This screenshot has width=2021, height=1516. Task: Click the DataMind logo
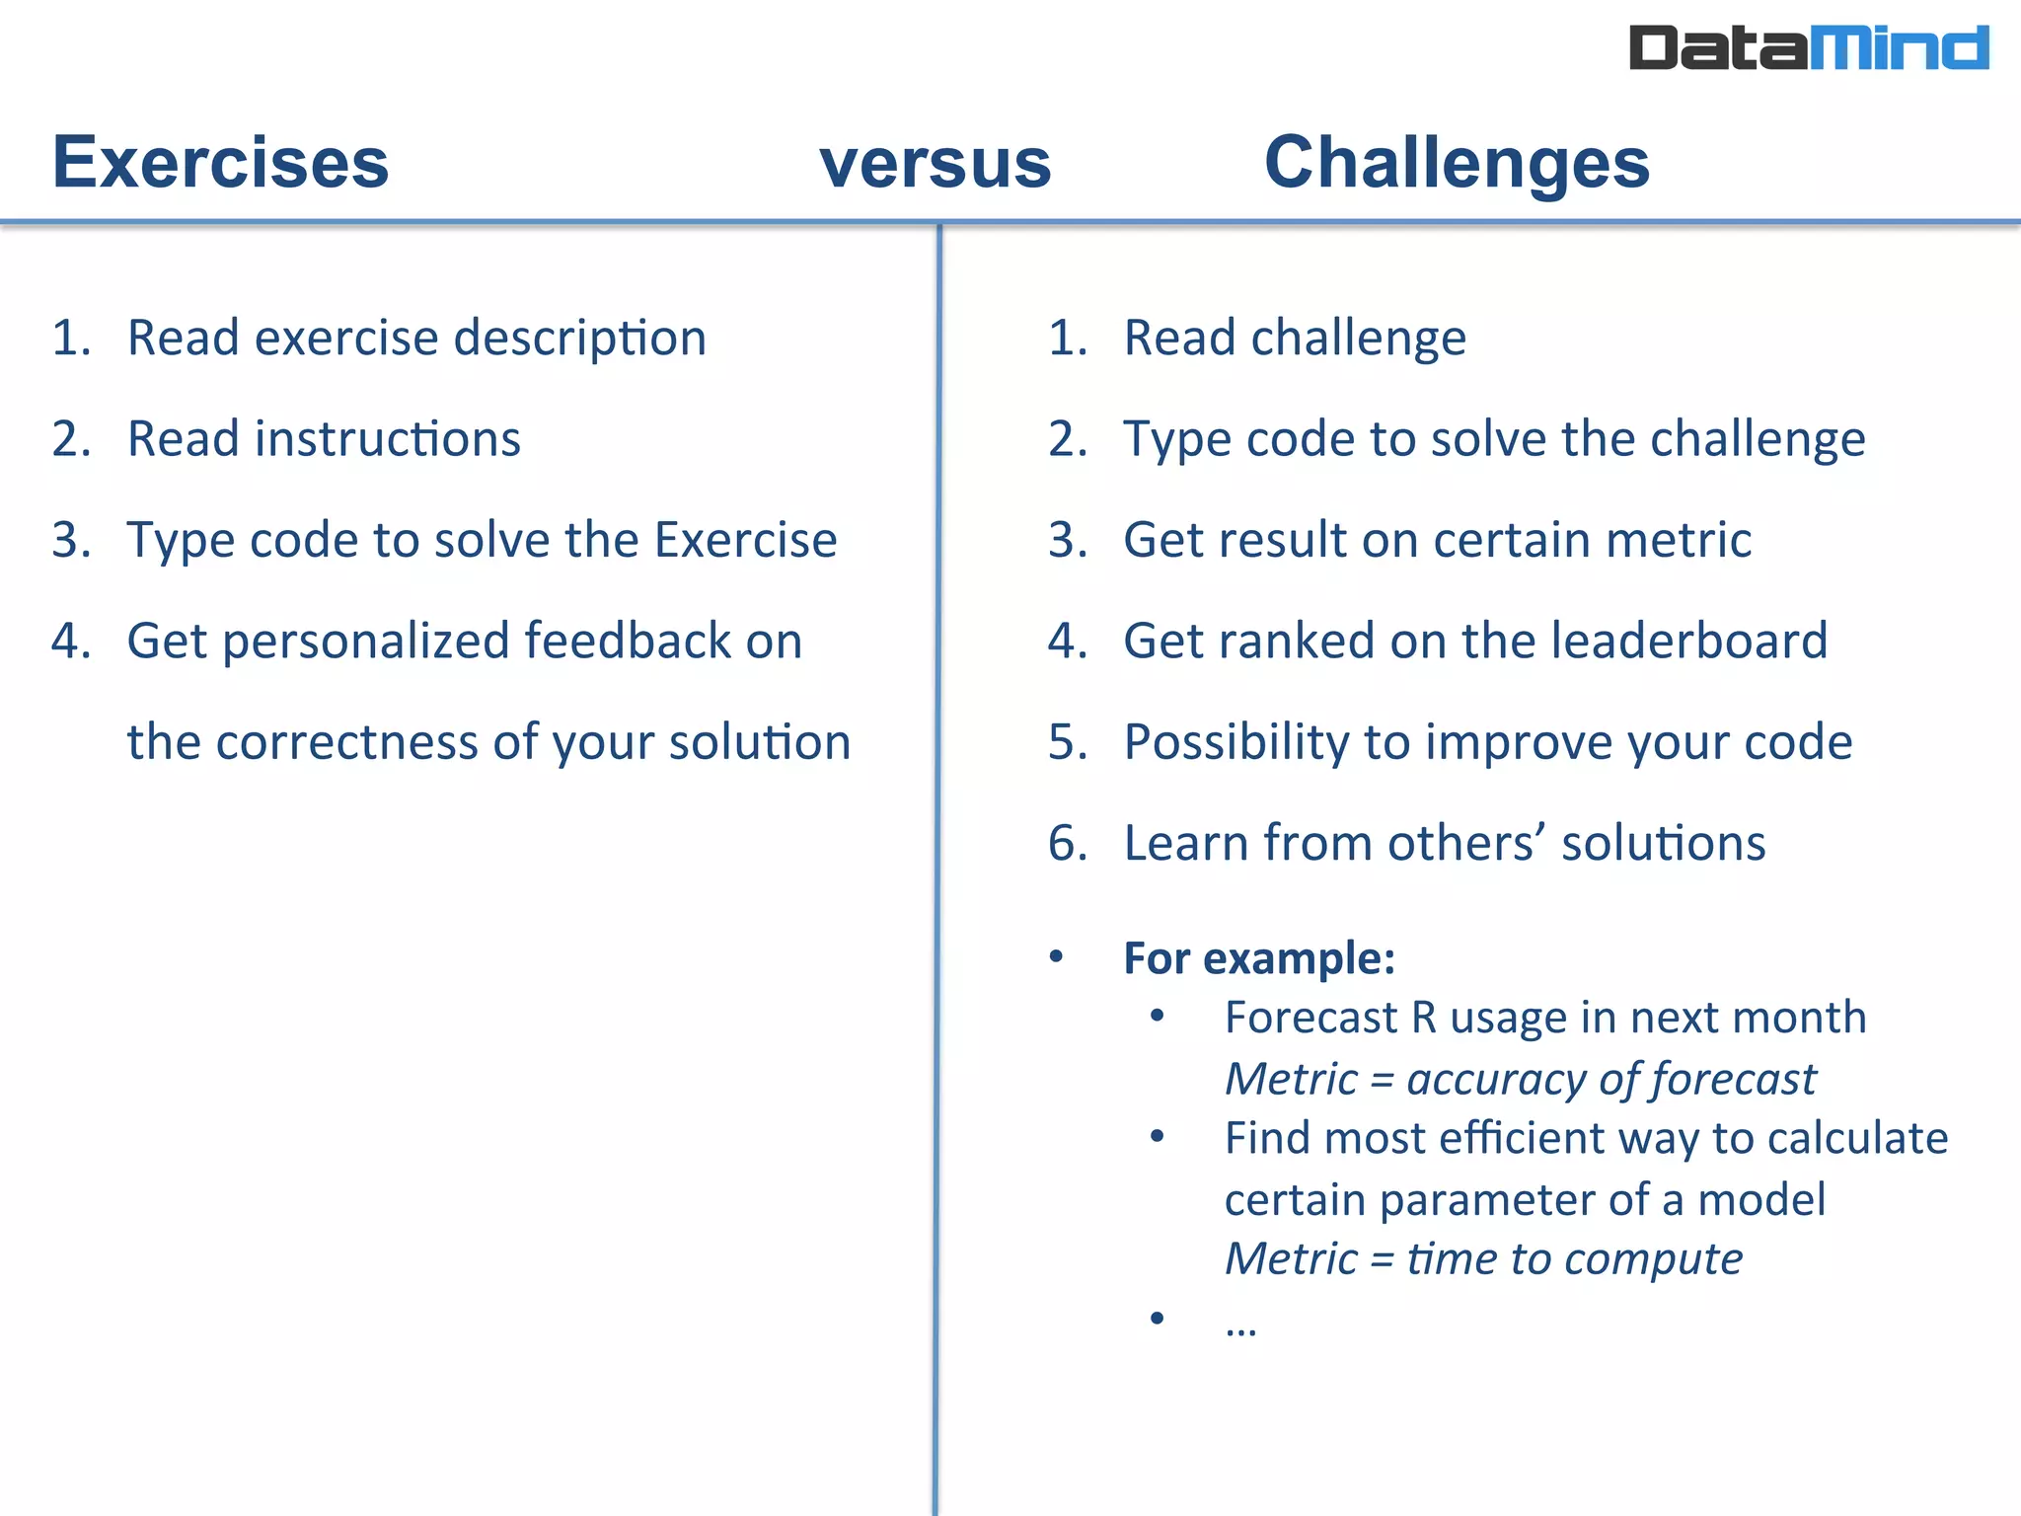1807,48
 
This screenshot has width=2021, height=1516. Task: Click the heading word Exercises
221,163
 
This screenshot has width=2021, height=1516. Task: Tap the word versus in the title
936,164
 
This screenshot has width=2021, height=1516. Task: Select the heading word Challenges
1457,163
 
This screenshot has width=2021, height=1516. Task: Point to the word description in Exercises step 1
580,339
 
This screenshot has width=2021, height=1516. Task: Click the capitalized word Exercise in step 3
745,540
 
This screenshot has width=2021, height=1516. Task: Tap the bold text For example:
1259,958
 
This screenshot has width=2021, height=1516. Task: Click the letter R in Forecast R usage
1423,1018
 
